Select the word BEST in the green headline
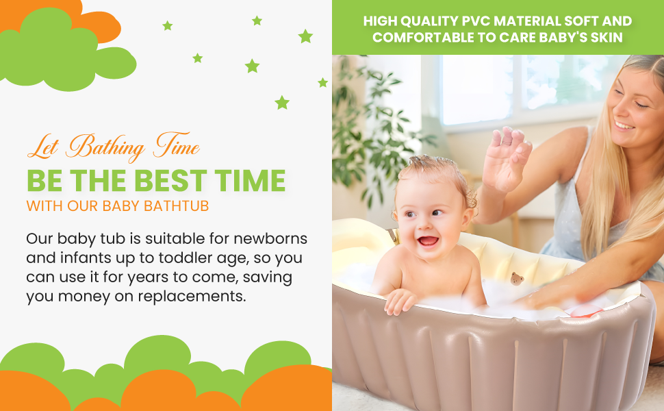(x=170, y=181)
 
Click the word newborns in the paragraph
(x=270, y=238)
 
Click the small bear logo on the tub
(x=517, y=278)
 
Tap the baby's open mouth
(x=428, y=241)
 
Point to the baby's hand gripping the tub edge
(x=399, y=301)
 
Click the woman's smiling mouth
(x=624, y=125)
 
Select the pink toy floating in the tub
(x=587, y=310)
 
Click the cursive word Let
(x=43, y=148)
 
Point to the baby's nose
(x=424, y=223)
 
